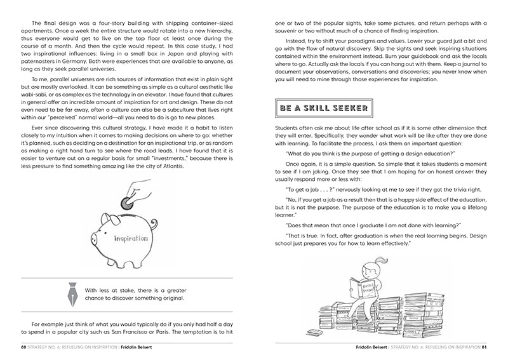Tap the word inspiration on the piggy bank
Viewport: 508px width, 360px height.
pos(131,239)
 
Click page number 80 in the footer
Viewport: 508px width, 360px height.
pos(23,348)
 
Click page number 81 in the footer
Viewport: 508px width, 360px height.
pos(484,348)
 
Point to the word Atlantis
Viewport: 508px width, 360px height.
pos(166,166)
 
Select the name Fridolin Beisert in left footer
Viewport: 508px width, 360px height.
pos(140,348)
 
